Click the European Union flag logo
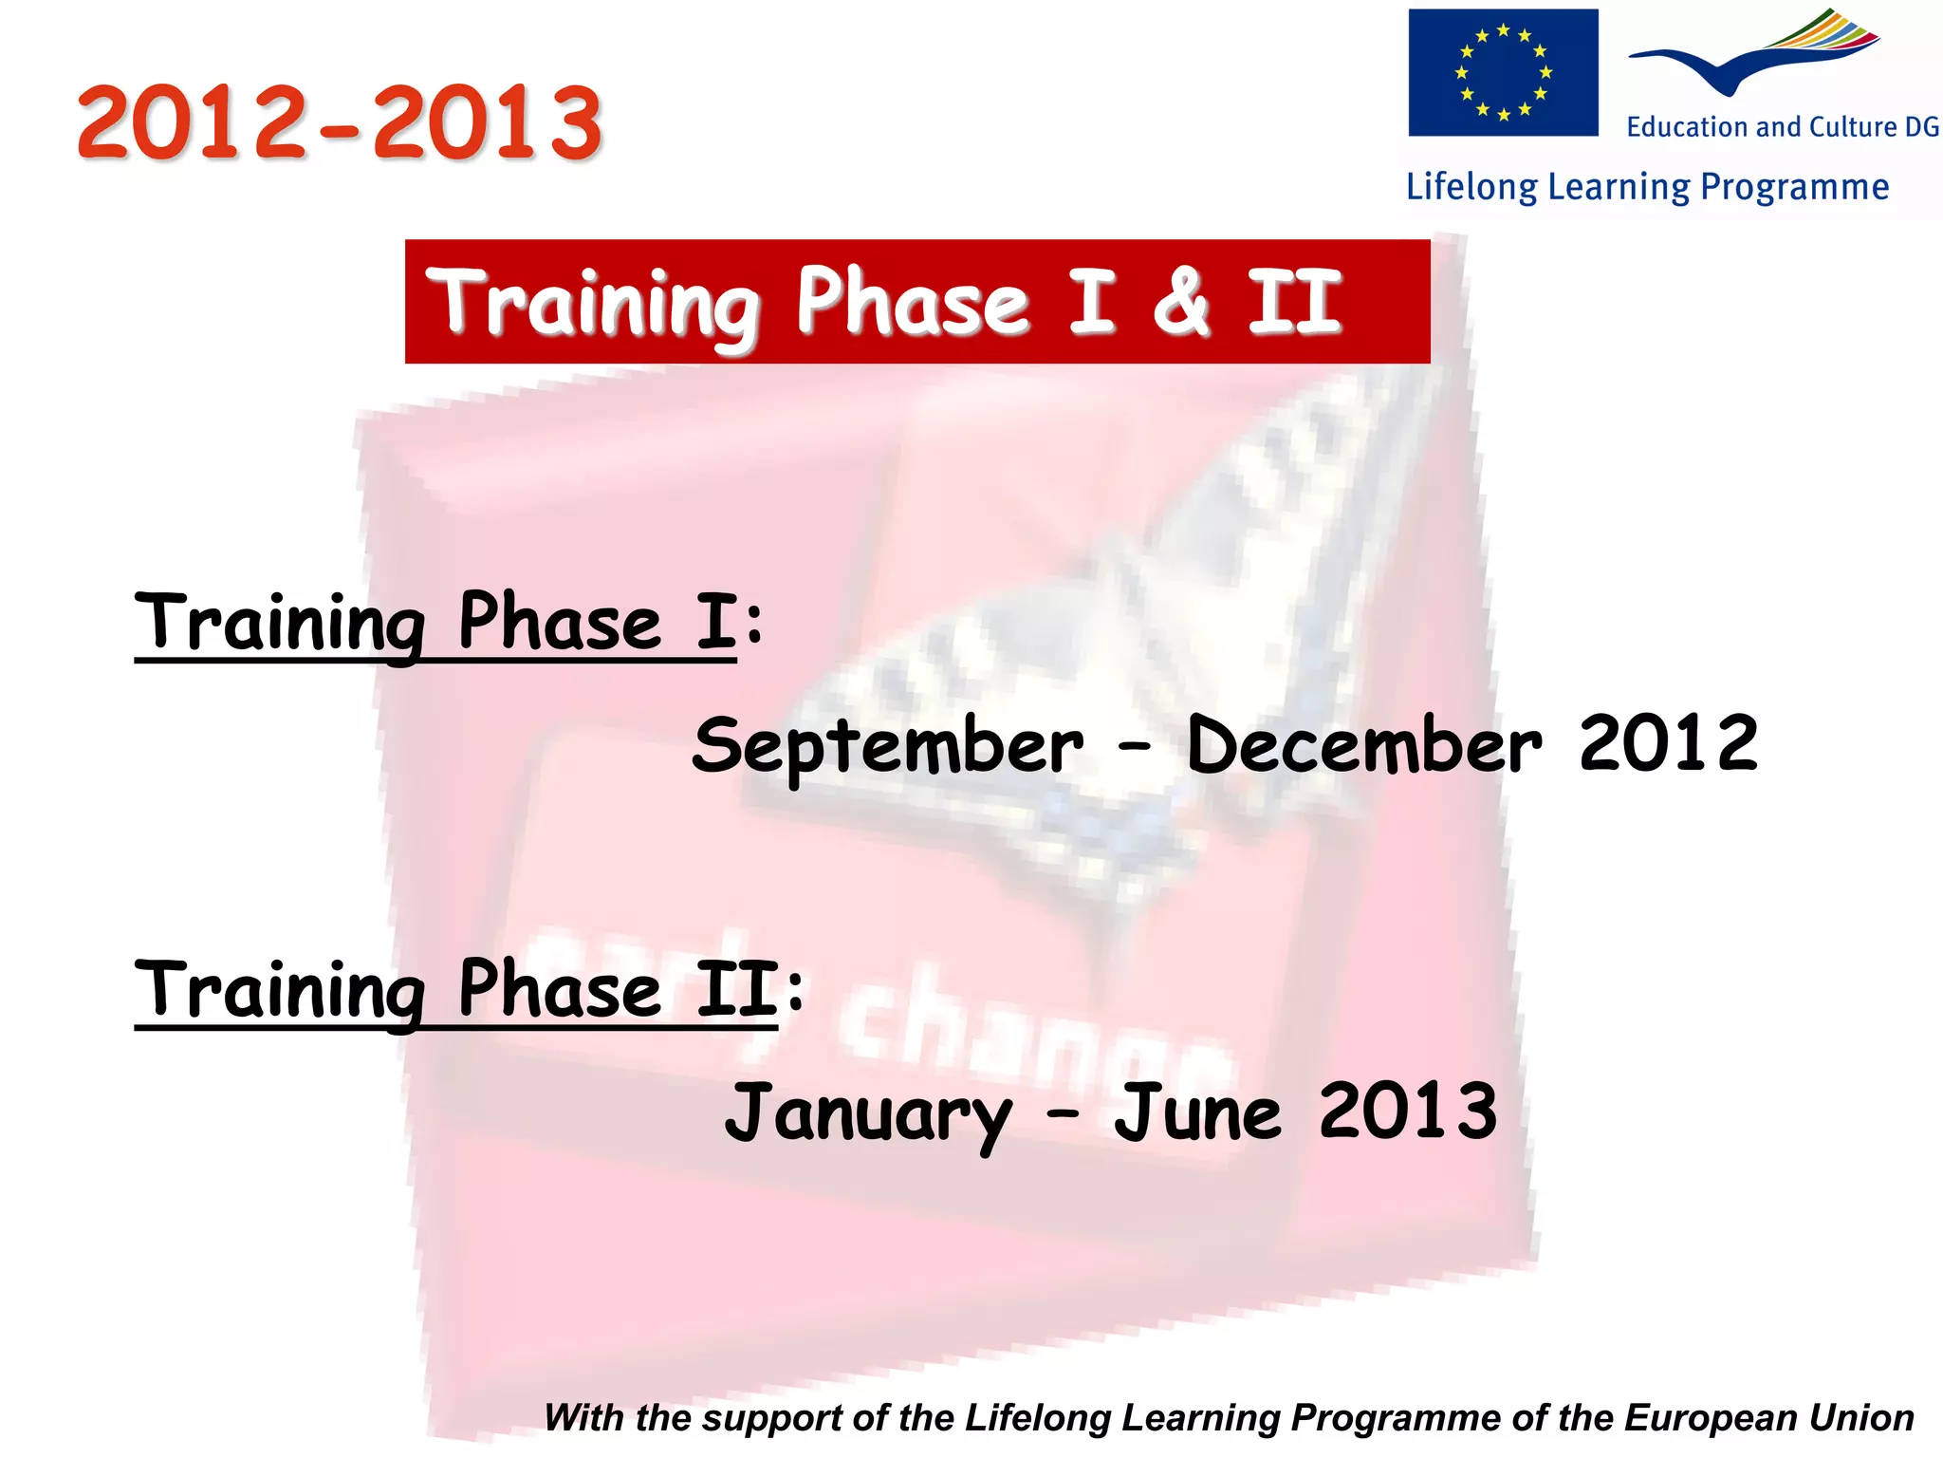pyautogui.click(x=1502, y=73)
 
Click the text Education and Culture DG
pyautogui.click(x=1782, y=127)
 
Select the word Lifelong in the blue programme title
pyautogui.click(x=1471, y=187)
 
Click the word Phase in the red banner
pyautogui.click(x=912, y=302)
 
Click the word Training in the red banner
pyautogui.click(x=593, y=304)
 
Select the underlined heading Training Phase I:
pyautogui.click(x=446, y=624)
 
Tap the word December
pyautogui.click(x=1363, y=745)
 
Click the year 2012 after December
pyautogui.click(x=1668, y=743)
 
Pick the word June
pyautogui.click(x=1197, y=1112)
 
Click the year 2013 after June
pyautogui.click(x=1408, y=1111)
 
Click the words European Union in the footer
pyautogui.click(x=1768, y=1418)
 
